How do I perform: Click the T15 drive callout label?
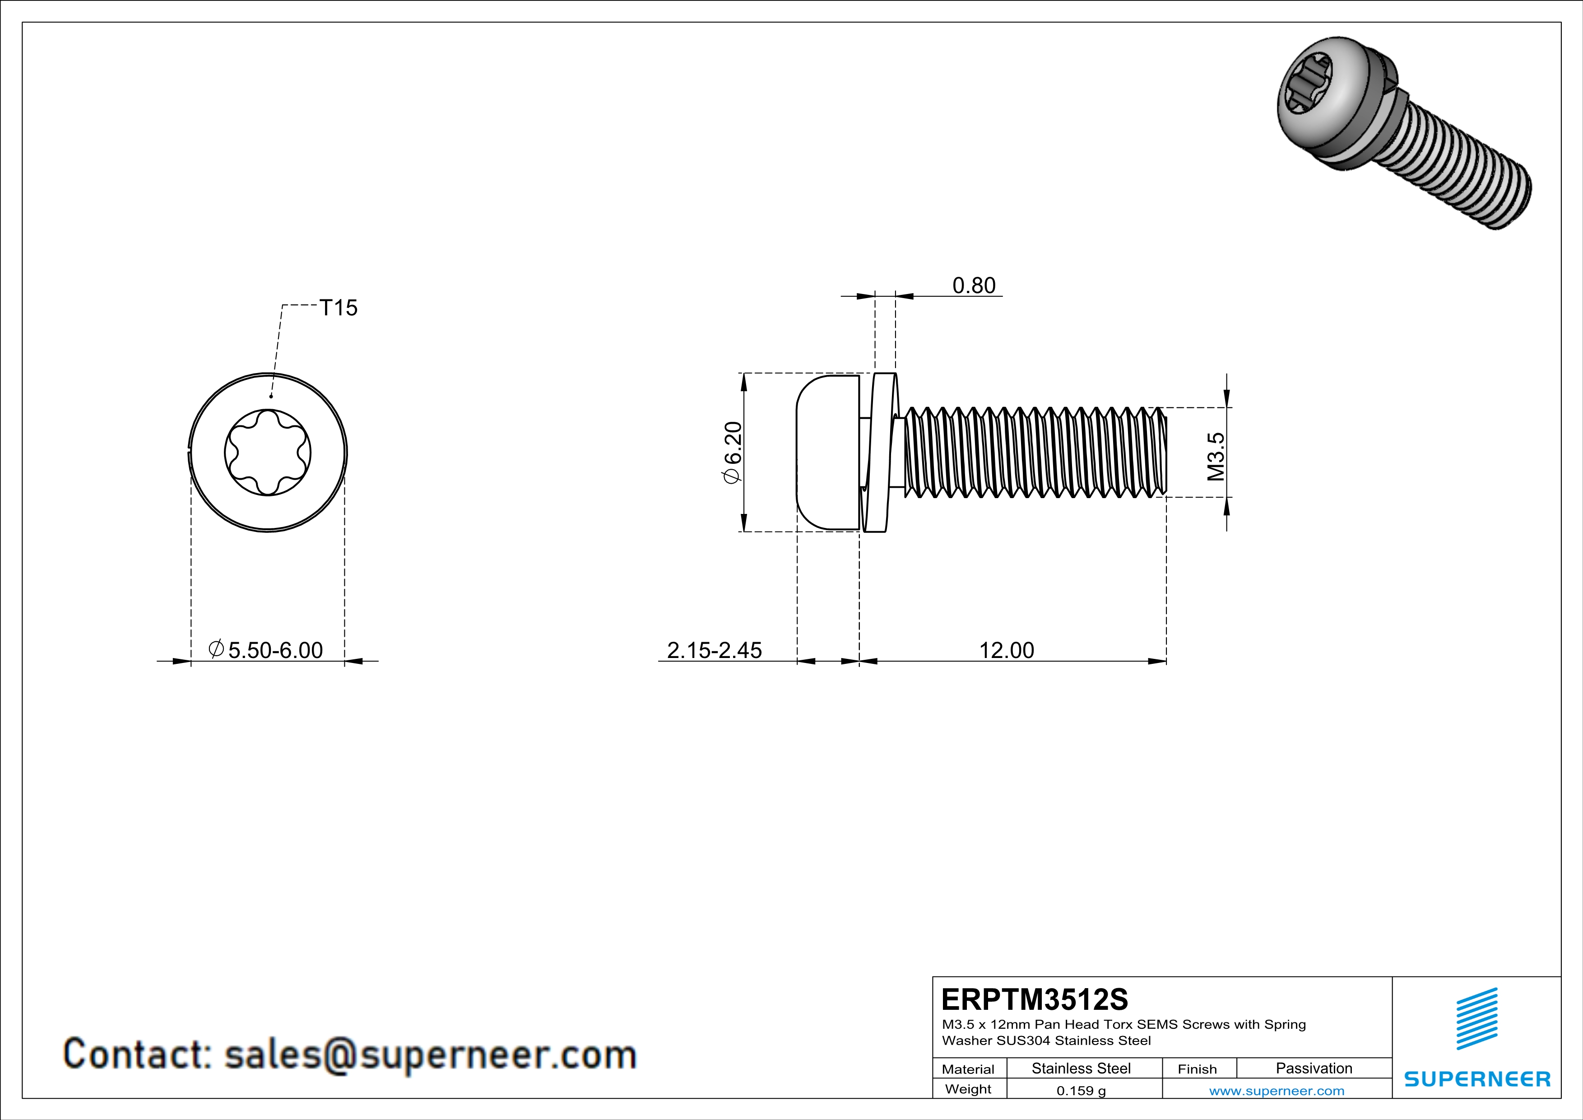click(x=339, y=308)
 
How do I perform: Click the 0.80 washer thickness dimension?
click(x=974, y=285)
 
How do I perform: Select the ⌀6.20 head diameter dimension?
click(x=732, y=453)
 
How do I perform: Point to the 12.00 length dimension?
click(x=1007, y=650)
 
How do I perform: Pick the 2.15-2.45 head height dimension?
click(x=714, y=650)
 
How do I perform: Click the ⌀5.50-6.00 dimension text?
click(x=266, y=650)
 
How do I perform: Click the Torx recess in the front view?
click(x=268, y=453)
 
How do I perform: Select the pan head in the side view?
click(x=827, y=453)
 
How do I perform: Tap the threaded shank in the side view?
click(x=1034, y=453)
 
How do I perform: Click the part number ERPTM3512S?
click(x=1034, y=999)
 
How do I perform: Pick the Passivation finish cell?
click(x=1314, y=1068)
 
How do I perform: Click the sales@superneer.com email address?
click(x=430, y=1055)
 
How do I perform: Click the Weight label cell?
click(x=968, y=1089)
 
